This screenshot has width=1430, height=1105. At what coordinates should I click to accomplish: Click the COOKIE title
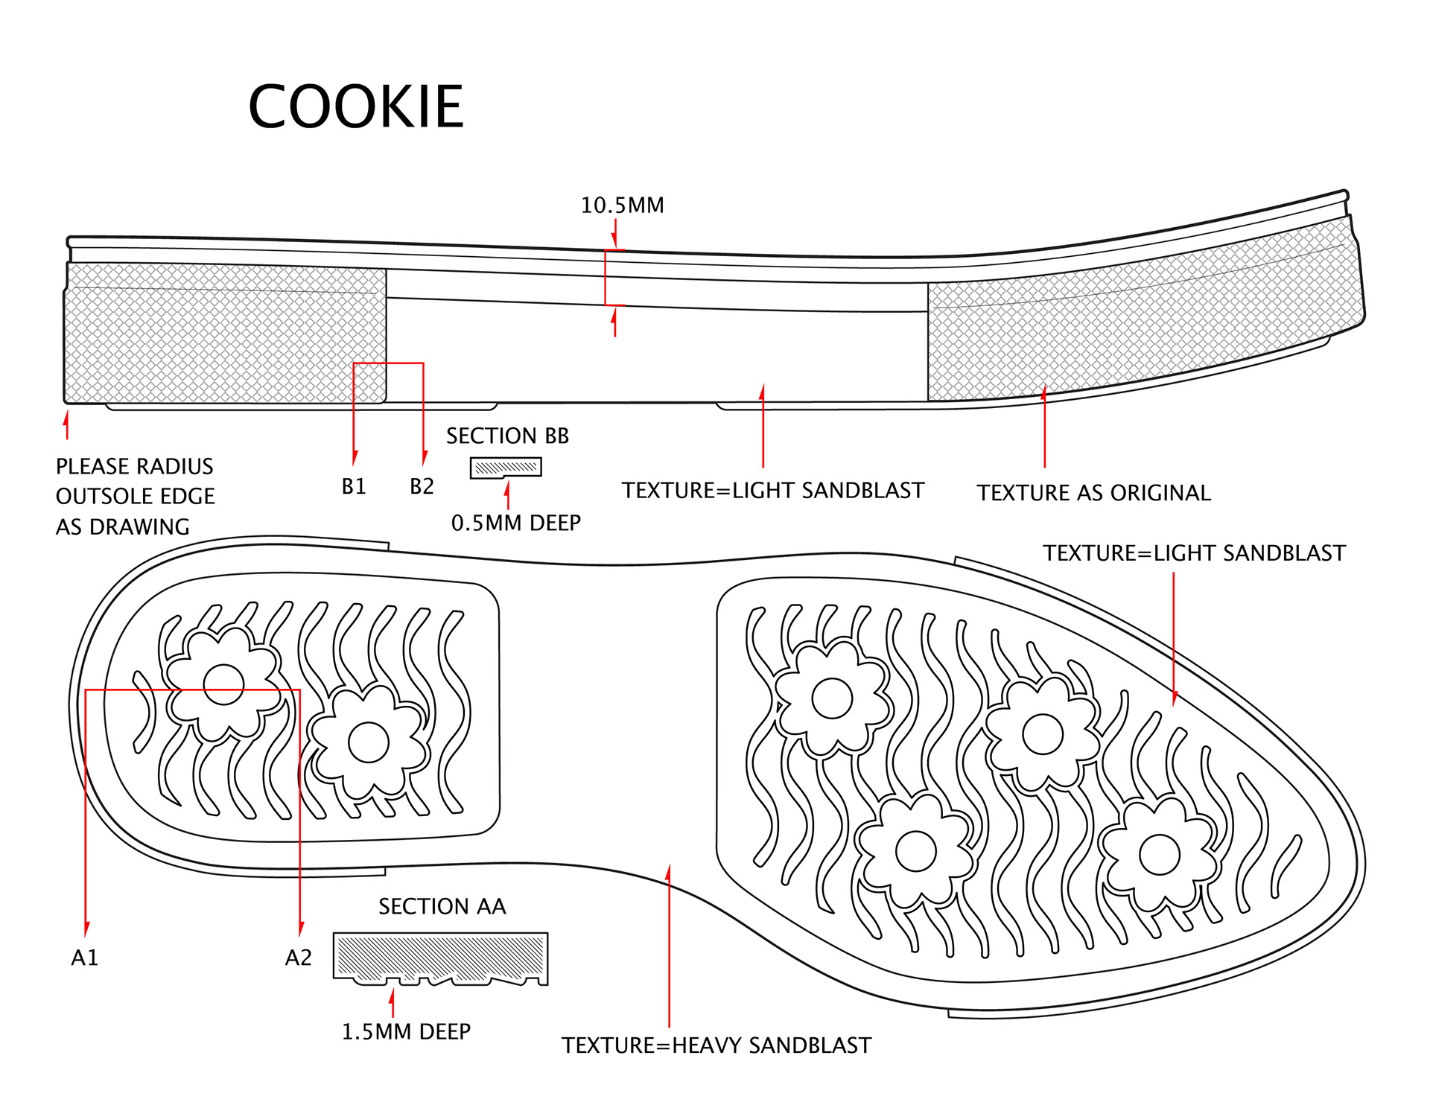pos(356,106)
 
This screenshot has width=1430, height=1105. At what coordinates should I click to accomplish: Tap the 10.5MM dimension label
pos(622,206)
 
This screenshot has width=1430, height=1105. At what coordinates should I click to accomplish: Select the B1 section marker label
pos(354,487)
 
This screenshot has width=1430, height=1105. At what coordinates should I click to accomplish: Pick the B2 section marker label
pos(422,487)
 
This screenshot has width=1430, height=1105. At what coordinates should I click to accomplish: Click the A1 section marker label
pos(84,958)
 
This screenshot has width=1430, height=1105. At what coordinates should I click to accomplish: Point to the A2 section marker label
pos(298,958)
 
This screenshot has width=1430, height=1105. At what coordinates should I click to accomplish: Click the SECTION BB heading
pos(507,436)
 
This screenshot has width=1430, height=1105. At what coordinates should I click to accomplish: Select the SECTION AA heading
pos(442,907)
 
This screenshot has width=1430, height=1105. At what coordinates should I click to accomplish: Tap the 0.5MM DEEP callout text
pos(515,523)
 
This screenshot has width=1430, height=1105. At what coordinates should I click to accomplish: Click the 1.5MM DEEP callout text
pos(406,1032)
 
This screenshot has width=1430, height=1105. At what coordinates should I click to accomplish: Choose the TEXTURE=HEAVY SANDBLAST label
pos(716,1045)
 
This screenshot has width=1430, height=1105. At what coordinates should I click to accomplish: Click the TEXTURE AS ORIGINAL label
pos(1093,493)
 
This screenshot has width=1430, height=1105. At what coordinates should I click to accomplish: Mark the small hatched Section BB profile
pos(506,468)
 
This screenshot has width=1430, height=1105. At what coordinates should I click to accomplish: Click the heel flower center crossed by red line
pos(223,684)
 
